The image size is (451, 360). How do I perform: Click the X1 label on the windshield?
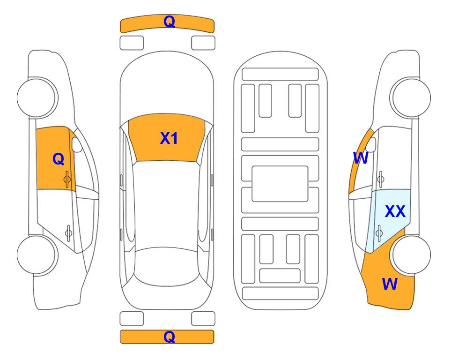click(169, 138)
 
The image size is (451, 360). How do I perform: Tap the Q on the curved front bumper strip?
click(169, 22)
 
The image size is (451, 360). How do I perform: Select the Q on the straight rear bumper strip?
click(169, 337)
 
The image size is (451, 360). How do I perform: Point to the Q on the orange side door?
click(59, 159)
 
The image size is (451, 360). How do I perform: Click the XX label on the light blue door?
click(395, 211)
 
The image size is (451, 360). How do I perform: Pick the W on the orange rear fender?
click(390, 284)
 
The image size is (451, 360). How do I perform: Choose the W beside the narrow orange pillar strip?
click(361, 158)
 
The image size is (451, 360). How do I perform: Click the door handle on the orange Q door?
click(67, 179)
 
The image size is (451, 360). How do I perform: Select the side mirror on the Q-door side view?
click(77, 145)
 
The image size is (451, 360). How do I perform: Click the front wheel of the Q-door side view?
click(37, 97)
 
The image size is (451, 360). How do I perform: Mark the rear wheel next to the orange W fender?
click(411, 255)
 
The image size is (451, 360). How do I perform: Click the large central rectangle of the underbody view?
click(280, 184)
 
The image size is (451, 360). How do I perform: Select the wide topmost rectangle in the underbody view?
click(280, 75)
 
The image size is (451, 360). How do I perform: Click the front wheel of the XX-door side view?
click(411, 97)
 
